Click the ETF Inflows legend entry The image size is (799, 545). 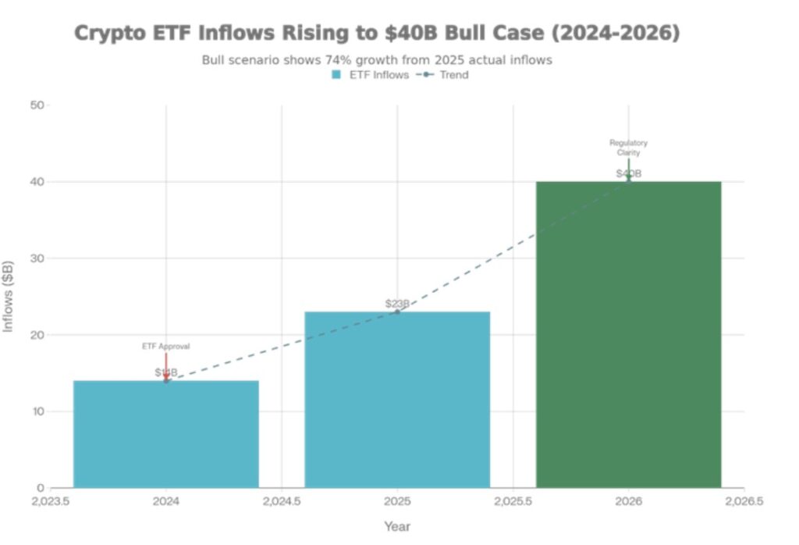[x=370, y=75]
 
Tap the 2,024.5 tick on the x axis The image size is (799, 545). [x=282, y=501]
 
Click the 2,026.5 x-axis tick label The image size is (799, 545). [x=744, y=501]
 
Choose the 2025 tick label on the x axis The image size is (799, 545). [x=397, y=501]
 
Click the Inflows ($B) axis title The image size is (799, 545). [x=9, y=297]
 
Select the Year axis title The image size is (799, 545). [x=397, y=527]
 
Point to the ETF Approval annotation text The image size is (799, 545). [x=165, y=346]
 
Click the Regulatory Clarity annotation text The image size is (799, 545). [x=628, y=148]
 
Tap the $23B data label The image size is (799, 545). [x=397, y=304]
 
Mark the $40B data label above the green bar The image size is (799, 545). [x=628, y=173]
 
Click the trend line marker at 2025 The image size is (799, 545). [x=397, y=312]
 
